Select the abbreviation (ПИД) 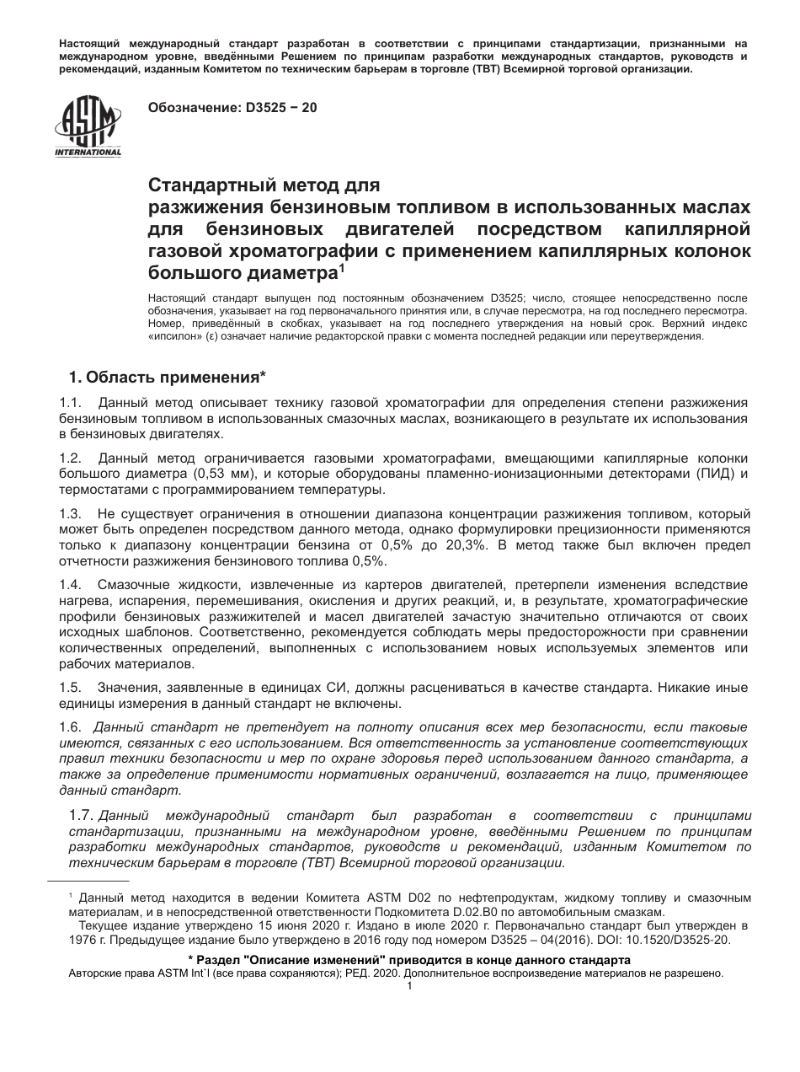click(x=708, y=474)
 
